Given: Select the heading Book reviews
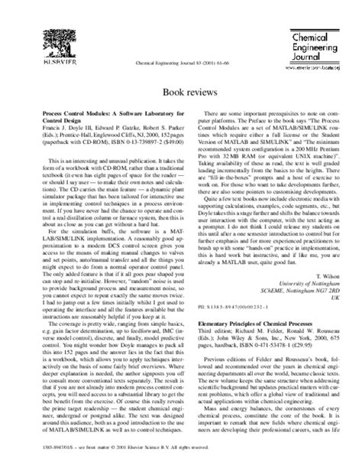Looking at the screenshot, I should click(180, 90).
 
